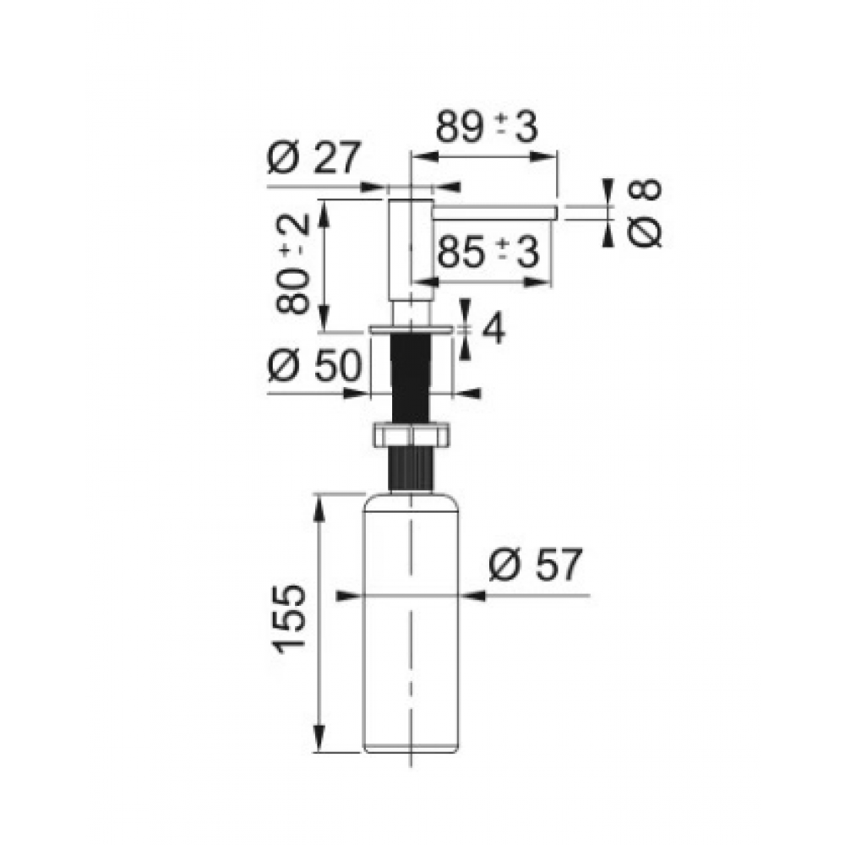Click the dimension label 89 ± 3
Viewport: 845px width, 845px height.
487,128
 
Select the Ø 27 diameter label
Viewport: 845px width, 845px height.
313,157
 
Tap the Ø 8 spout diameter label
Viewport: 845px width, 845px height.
645,213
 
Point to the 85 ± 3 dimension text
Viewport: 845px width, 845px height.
488,252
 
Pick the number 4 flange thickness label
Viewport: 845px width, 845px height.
493,329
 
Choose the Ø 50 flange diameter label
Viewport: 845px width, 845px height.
314,365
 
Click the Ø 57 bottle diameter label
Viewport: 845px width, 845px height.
536,564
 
